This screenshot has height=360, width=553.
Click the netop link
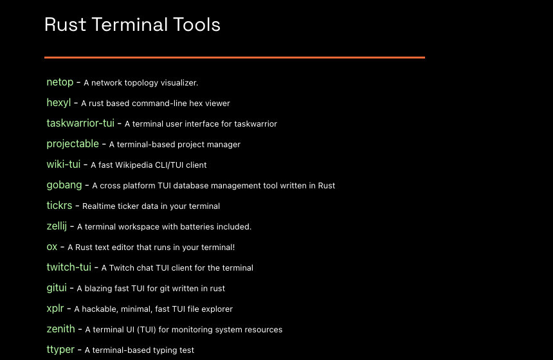point(60,82)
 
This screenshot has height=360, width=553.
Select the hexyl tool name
point(59,103)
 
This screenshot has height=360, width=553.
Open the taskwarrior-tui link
point(80,123)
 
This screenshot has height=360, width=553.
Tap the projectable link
point(73,144)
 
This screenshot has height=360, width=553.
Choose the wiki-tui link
point(64,165)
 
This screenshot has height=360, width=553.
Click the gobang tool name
point(64,185)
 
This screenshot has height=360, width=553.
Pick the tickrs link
point(59,206)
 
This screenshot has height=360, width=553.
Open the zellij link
point(57,226)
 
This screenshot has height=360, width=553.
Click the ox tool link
point(52,247)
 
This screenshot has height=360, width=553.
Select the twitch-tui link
point(69,267)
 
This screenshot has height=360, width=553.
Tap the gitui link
point(57,288)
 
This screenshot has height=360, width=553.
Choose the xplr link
point(55,309)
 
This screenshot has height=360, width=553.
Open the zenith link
point(60,329)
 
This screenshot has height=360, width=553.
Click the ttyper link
point(60,350)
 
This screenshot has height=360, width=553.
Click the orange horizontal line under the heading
point(234,57)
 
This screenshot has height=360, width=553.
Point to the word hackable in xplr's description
point(102,309)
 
